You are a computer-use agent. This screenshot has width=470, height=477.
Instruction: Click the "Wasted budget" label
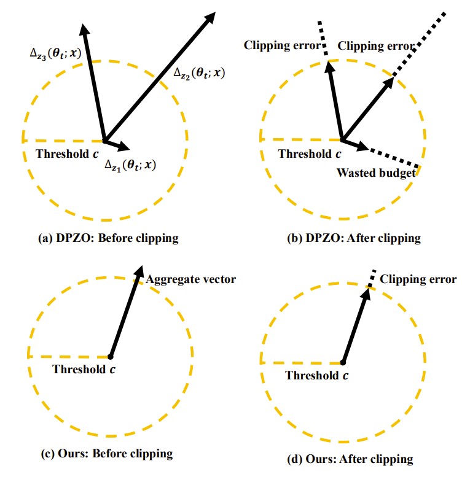click(x=375, y=173)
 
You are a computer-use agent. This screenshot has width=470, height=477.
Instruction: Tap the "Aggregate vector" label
click(x=190, y=280)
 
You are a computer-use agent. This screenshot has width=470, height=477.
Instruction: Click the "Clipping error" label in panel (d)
click(x=418, y=279)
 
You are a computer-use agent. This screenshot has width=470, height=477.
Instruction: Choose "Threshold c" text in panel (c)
click(x=84, y=369)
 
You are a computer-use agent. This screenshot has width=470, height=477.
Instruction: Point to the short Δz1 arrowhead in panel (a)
click(x=125, y=147)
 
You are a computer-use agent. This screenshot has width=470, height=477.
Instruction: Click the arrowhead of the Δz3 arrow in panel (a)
click(x=83, y=27)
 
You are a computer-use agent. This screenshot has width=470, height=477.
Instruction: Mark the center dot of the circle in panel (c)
click(x=110, y=356)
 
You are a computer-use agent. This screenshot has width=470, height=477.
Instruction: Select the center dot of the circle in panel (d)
click(x=342, y=362)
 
